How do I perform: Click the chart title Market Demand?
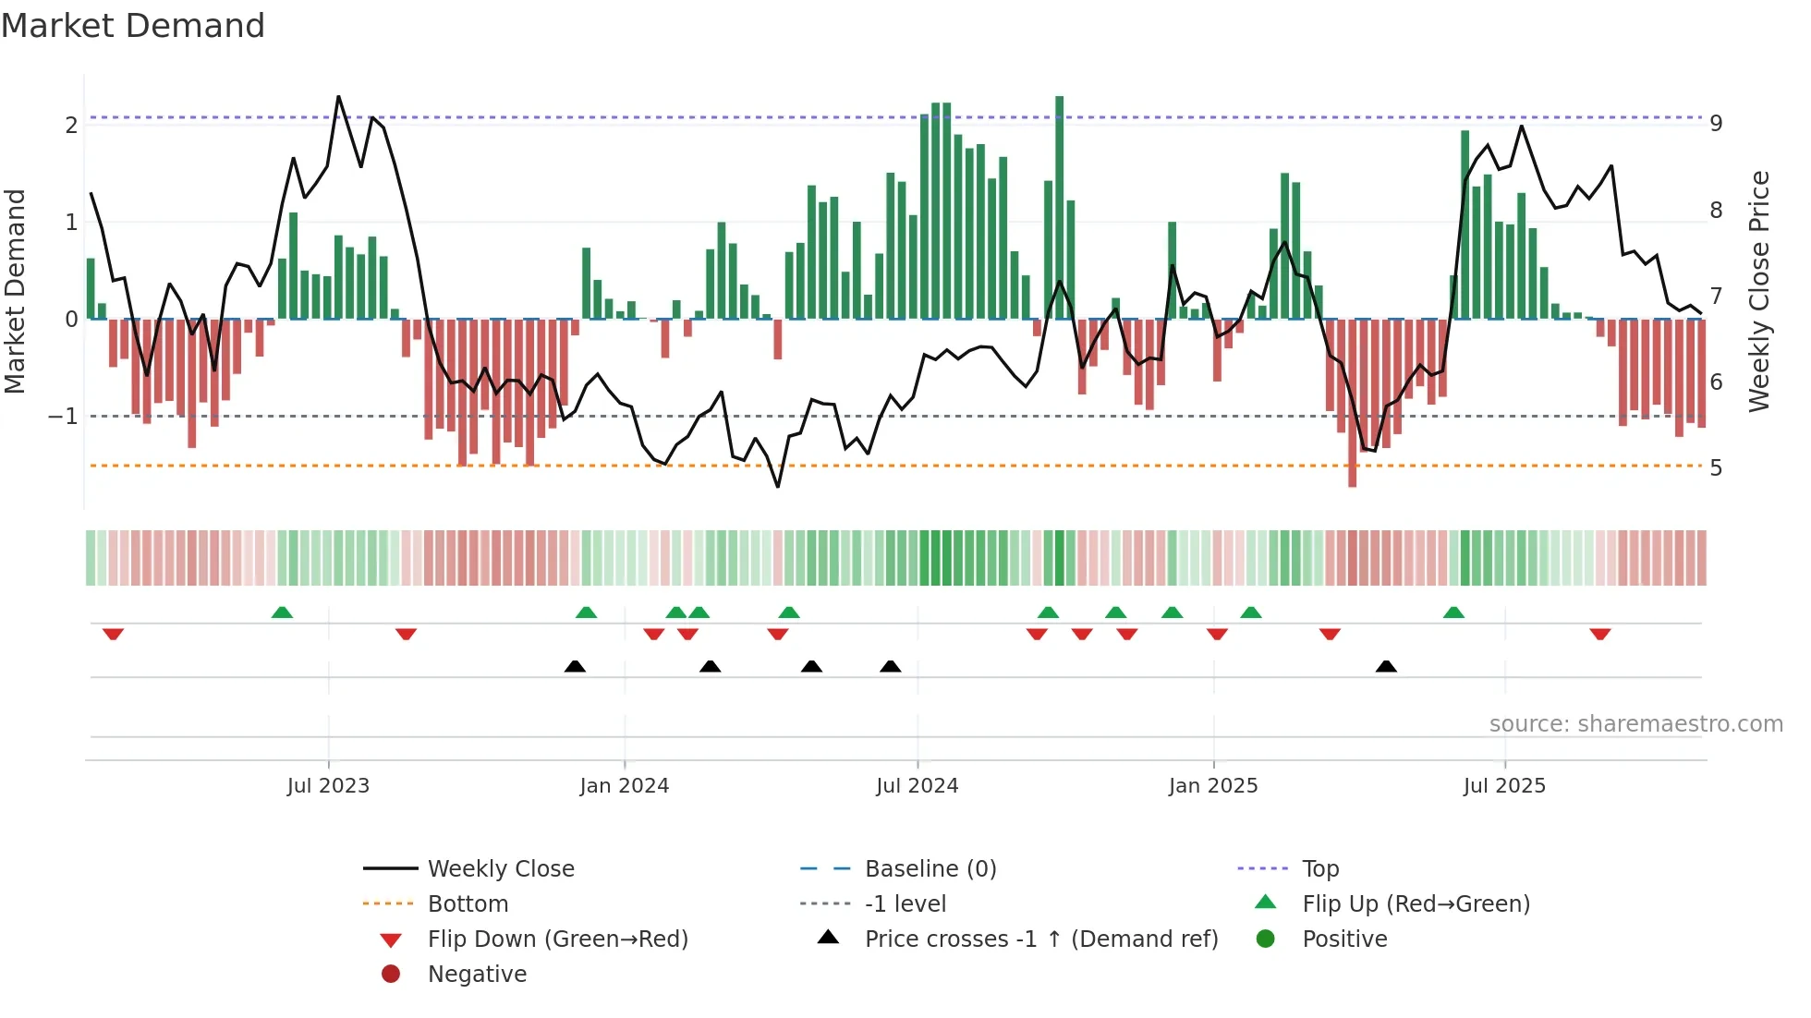[133, 26]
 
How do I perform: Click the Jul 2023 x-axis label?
[328, 786]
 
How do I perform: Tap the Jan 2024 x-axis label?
[624, 786]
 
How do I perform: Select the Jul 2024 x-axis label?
[917, 786]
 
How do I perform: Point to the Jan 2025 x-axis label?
[1212, 786]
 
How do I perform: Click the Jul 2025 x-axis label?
[1504, 786]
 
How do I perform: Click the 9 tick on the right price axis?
[1716, 124]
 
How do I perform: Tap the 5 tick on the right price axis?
[1716, 468]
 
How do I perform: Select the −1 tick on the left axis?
[63, 417]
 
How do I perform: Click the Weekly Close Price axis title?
[1759, 291]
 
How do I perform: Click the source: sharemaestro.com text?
[1635, 724]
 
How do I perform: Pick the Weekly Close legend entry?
[500, 869]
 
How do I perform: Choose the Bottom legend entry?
[468, 904]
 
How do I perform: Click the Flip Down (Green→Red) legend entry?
[557, 939]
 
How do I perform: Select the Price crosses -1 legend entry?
[1040, 939]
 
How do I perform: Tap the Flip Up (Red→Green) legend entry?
[1416, 904]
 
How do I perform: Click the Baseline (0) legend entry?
[930, 869]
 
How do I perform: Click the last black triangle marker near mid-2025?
[1386, 666]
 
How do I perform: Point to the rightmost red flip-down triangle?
[1600, 634]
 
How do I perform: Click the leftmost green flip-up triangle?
[282, 612]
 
